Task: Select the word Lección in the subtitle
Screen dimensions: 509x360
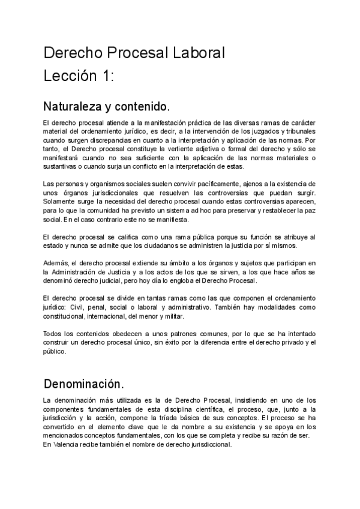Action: (x=69, y=76)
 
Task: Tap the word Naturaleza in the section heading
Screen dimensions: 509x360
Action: (x=70, y=107)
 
